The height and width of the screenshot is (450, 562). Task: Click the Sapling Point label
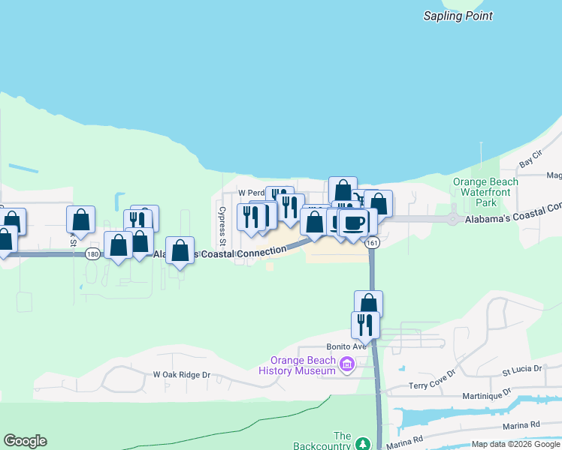coord(458,16)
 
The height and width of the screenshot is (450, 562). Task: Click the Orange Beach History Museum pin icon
coord(346,365)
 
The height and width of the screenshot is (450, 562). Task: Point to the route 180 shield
coord(92,254)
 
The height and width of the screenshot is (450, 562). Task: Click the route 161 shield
coord(373,243)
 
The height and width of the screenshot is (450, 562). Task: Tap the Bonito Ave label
coord(345,346)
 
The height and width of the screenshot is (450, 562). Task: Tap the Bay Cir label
coord(531,162)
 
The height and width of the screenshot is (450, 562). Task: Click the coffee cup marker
coord(353,222)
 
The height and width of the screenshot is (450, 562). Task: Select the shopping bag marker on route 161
coord(368,304)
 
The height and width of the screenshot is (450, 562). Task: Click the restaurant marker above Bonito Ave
coord(365,325)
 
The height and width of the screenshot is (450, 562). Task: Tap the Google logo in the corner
coord(25,441)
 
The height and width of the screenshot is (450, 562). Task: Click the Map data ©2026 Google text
coord(516,444)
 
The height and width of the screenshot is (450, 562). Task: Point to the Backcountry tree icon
coord(362,444)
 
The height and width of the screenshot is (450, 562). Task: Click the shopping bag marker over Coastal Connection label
coord(180,250)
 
